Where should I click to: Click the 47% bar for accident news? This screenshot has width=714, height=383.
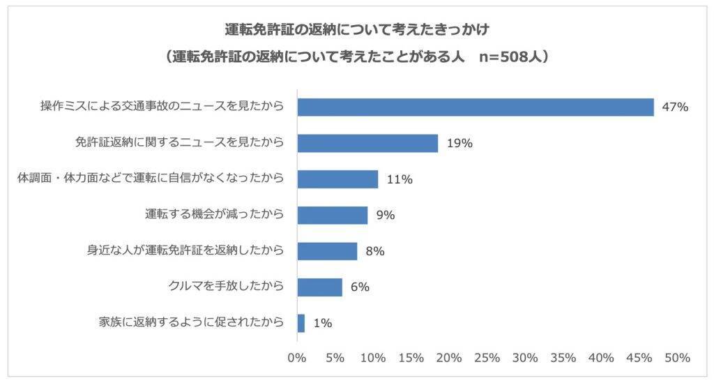tap(476, 107)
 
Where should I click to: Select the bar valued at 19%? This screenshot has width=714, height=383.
tap(367, 143)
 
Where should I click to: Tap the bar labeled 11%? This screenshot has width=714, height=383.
tap(337, 179)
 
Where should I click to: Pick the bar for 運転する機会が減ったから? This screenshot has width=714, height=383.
tap(333, 215)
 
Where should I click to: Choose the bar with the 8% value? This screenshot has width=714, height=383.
tap(327, 251)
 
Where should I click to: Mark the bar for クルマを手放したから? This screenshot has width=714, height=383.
tap(319, 287)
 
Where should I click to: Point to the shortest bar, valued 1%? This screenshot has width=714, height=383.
tap(301, 323)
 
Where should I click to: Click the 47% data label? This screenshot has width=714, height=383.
tap(675, 107)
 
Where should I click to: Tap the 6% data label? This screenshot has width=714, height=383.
tap(360, 287)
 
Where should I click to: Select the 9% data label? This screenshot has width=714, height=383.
tap(386, 215)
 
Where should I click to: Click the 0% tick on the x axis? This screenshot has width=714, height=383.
tap(297, 358)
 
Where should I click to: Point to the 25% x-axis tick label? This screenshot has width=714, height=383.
tap(487, 358)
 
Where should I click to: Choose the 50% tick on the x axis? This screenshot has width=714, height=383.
tap(676, 358)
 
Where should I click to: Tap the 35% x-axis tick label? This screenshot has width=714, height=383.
tap(563, 358)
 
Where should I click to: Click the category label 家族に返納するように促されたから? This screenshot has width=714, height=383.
tap(192, 322)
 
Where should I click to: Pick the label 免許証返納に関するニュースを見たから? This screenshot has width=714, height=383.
tap(179, 142)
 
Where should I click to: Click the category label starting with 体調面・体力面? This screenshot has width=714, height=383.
tap(151, 179)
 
